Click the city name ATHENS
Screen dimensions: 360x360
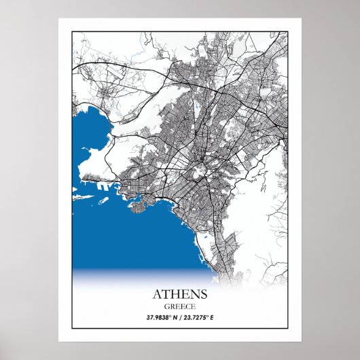180,294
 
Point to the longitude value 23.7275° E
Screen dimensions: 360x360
201,317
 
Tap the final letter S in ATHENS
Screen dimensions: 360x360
204,294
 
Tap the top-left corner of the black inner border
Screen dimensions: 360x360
72,31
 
